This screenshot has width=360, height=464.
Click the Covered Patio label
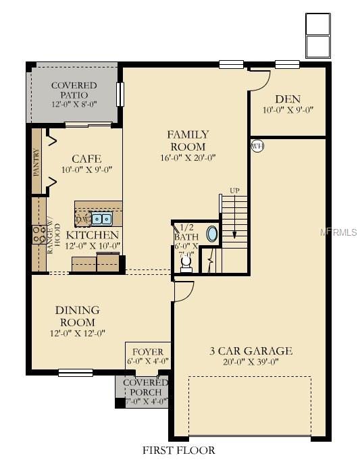click(x=74, y=91)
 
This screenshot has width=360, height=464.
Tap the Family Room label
click(x=188, y=140)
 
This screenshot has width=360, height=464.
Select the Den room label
click(x=287, y=99)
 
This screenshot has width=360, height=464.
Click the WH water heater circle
click(x=257, y=146)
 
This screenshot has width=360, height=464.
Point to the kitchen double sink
click(x=103, y=219)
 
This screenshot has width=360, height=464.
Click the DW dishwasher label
click(x=82, y=220)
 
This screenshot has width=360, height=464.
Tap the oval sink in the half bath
click(x=212, y=234)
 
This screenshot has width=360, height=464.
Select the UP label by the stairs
click(x=234, y=190)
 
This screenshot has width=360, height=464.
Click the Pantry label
click(x=36, y=163)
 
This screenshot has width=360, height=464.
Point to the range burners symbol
click(x=36, y=234)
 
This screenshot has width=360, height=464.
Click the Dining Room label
click(x=78, y=316)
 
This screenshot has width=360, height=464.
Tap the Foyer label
click(x=147, y=353)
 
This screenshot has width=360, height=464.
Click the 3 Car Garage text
click(x=250, y=351)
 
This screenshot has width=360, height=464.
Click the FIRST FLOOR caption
click(x=179, y=450)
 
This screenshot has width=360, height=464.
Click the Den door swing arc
click(x=259, y=80)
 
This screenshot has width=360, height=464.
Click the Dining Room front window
click(x=75, y=372)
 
